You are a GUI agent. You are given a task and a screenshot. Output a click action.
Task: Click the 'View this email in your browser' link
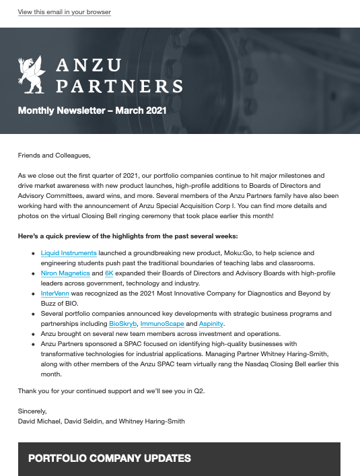pos(65,12)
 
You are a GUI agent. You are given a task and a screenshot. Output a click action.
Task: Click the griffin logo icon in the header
pos(31,73)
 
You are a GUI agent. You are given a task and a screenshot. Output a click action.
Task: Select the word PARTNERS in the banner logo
pos(119,86)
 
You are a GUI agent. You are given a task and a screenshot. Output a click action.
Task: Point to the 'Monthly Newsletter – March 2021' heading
pos(92,110)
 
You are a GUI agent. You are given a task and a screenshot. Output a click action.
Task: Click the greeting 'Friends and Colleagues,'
pos(54,156)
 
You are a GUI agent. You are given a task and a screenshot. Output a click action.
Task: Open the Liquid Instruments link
pos(69,253)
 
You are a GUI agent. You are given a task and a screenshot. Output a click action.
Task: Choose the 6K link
pos(109,274)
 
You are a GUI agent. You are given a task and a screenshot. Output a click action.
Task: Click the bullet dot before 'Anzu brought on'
pos(33,334)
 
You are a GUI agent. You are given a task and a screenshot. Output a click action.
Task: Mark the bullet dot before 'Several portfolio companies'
pos(33,314)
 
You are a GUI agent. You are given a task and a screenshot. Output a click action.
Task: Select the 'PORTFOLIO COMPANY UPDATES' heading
pos(110,458)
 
